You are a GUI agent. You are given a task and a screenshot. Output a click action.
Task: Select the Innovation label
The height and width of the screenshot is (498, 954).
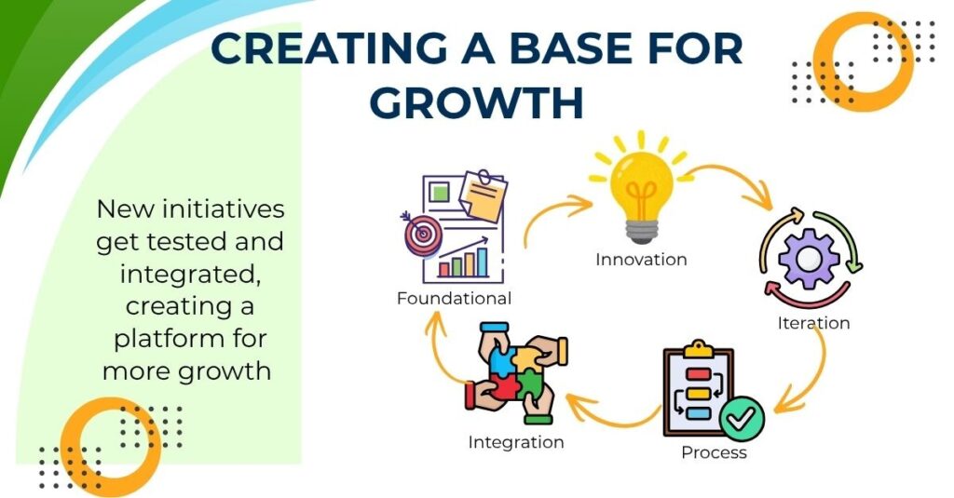641,260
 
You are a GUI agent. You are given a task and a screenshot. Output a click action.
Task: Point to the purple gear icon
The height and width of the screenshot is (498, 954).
809,258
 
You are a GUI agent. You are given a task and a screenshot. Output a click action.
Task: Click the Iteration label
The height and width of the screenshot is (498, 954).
813,323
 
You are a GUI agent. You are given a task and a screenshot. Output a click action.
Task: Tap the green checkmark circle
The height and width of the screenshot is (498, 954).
742,418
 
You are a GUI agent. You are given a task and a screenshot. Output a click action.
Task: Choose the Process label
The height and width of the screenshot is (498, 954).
714,452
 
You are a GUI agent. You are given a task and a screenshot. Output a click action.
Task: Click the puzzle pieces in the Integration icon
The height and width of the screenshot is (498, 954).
516,372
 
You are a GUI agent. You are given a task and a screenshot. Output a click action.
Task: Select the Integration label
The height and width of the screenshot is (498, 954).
516,442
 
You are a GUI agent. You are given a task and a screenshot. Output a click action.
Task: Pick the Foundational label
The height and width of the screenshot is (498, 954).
454,299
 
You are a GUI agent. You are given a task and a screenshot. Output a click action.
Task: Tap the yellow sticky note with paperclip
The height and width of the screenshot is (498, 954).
484,195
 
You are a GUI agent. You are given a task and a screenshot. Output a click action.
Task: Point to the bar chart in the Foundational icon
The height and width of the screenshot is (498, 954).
464,259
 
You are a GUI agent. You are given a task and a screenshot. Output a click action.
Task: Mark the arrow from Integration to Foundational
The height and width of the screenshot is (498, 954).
440,346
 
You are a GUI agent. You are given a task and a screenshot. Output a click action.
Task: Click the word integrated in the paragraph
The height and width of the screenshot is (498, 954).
189,274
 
